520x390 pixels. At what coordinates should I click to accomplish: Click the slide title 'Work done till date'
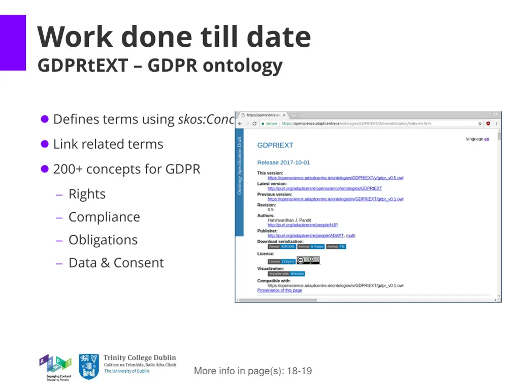[x=174, y=37]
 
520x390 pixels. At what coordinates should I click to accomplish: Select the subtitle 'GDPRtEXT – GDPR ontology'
[x=160, y=66]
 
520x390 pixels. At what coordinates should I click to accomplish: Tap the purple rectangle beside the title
[x=13, y=43]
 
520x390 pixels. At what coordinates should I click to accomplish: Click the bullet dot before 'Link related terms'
[x=45, y=144]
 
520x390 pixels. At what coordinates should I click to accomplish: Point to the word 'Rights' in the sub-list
[x=87, y=194]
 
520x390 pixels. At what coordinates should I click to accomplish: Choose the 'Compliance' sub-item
[x=104, y=217]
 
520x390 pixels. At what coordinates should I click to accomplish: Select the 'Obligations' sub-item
[x=103, y=240]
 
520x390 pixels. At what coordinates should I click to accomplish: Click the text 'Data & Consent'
[x=116, y=263]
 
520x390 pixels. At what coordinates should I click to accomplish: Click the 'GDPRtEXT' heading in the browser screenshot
[x=275, y=145]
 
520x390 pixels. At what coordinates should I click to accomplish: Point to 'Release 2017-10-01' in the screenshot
[x=283, y=162]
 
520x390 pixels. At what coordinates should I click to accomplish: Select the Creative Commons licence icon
[x=308, y=261]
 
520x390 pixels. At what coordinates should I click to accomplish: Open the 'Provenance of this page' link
[x=279, y=290]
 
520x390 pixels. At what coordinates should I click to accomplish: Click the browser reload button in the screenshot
[x=254, y=123]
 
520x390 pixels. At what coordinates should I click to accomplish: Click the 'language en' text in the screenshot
[x=477, y=139]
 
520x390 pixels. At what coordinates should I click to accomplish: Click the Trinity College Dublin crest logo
[x=89, y=367]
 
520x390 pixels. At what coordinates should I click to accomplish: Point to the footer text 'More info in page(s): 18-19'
[x=253, y=371]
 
